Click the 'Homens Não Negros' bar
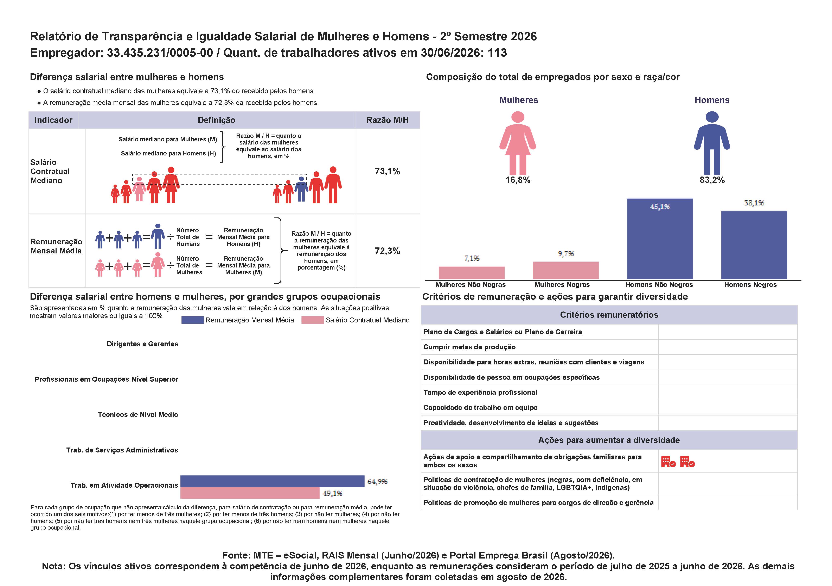(x=660, y=239)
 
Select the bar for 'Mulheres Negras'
(x=566, y=270)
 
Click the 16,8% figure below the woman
(x=518, y=180)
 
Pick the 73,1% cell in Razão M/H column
(x=387, y=171)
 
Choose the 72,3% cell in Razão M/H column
(x=387, y=251)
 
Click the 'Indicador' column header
(x=53, y=120)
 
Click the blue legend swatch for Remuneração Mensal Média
(x=192, y=320)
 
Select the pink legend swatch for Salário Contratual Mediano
(x=312, y=320)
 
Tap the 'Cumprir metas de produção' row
(x=469, y=347)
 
